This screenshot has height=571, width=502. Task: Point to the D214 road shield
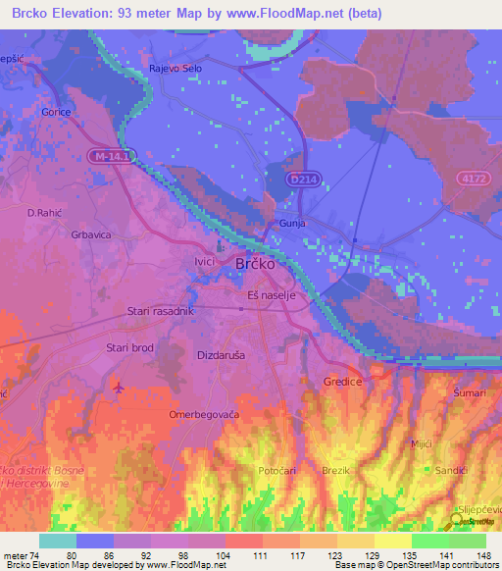point(303,180)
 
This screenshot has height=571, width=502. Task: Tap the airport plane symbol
point(120,388)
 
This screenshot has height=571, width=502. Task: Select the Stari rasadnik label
point(162,311)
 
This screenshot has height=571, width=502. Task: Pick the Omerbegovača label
point(204,415)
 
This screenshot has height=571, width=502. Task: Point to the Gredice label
point(344,381)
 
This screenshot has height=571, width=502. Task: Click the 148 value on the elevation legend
point(484,555)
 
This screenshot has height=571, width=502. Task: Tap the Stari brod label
point(129,348)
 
